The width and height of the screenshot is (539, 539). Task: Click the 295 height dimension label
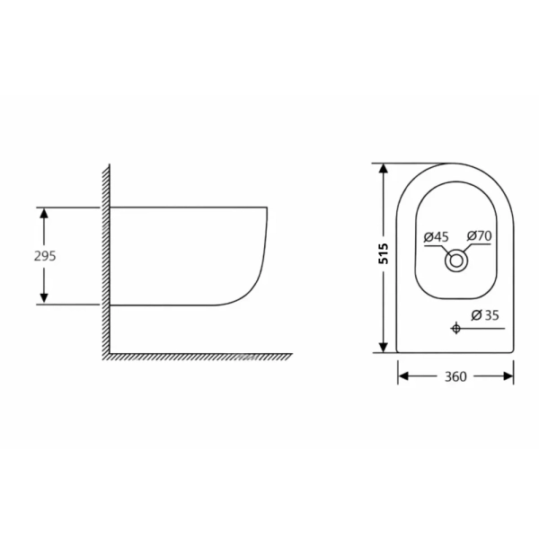[45, 256]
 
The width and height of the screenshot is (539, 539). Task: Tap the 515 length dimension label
[383, 253]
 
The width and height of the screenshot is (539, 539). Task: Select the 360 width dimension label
[455, 376]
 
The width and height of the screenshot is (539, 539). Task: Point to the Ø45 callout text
[436, 237]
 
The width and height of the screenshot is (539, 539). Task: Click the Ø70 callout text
[479, 235]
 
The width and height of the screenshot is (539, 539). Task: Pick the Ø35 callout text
[485, 315]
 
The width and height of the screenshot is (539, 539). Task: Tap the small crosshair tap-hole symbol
[455, 328]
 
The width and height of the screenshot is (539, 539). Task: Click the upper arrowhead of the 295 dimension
[44, 213]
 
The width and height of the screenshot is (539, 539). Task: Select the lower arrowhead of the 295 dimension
[44, 298]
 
